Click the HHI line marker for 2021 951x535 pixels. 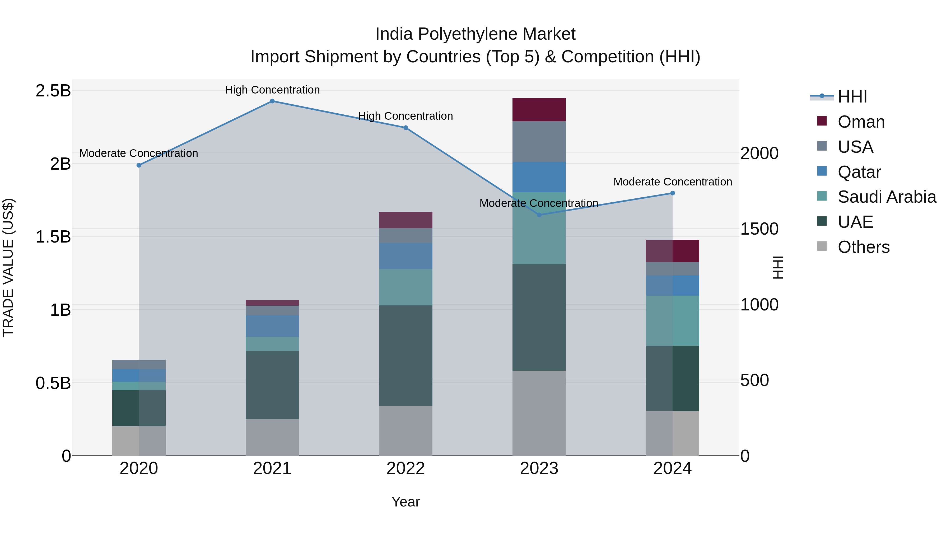272,101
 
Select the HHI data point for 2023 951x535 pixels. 539,215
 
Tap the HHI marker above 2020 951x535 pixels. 139,165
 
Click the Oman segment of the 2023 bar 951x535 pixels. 539,110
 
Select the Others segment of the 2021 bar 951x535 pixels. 272,437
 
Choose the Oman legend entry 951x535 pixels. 861,122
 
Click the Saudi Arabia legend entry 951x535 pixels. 886,197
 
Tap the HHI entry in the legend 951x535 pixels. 852,97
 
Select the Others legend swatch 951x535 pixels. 822,246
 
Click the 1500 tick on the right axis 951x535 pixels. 759,229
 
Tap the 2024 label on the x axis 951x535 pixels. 672,468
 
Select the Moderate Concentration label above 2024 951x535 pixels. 672,182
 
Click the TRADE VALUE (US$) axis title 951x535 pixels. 8,267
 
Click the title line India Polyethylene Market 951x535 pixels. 475,34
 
